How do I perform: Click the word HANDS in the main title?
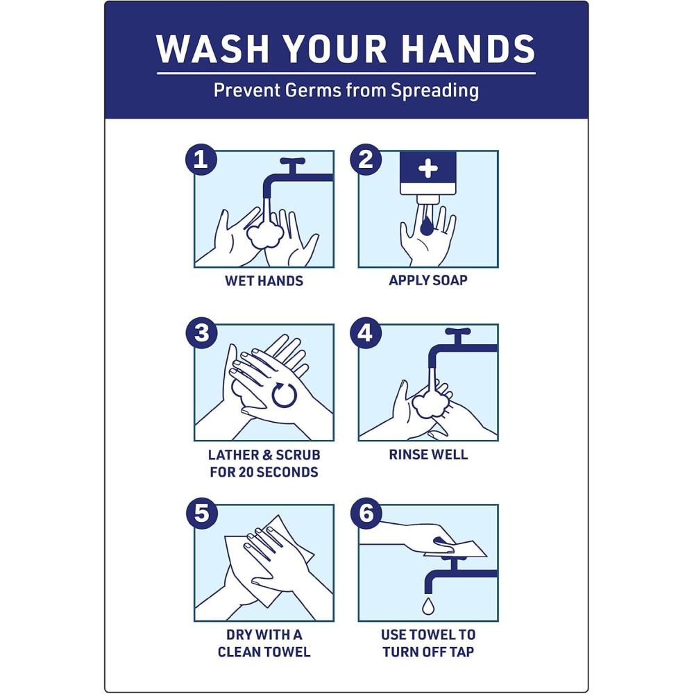468,49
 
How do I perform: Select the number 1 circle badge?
201,159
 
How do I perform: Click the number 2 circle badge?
366,159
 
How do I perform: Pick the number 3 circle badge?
201,333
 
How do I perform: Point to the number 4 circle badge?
366,333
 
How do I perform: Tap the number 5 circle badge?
201,514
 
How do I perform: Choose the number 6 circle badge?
366,514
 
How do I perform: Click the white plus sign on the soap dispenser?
428,168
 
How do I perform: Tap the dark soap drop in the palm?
427,225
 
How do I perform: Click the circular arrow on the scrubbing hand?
284,395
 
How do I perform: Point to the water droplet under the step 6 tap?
428,606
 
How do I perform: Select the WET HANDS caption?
264,280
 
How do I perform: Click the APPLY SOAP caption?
428,280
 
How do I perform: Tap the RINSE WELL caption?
428,455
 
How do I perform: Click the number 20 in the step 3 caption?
246,472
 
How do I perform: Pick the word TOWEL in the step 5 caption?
287,652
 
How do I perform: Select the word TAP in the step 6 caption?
462,652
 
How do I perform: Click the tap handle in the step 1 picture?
293,162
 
